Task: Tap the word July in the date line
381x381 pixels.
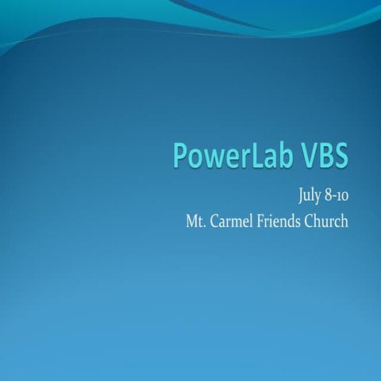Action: (288, 194)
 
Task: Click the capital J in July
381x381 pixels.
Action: (279, 195)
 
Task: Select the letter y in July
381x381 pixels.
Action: (299, 197)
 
